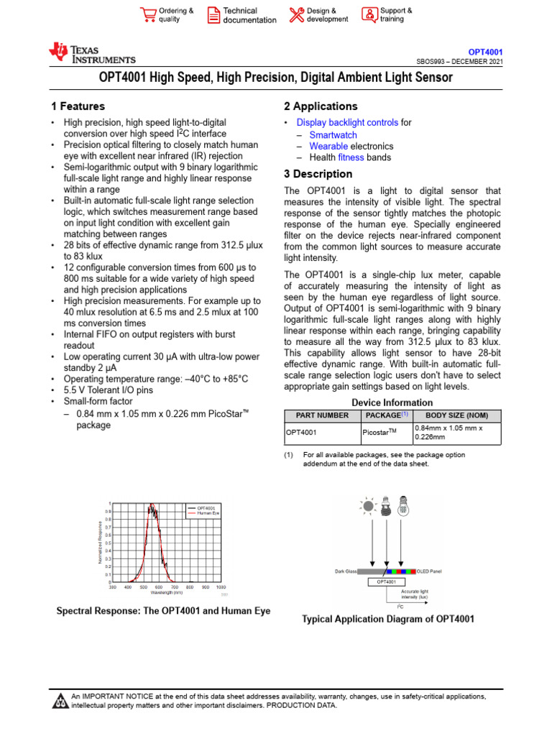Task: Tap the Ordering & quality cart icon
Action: click(148, 15)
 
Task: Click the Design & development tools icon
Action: click(296, 15)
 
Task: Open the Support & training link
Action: click(396, 15)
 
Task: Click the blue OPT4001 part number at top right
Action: click(485, 52)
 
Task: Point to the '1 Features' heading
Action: click(74, 106)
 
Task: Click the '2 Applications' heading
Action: click(321, 106)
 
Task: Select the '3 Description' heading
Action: click(318, 174)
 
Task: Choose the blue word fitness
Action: click(351, 157)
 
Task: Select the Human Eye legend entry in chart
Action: click(208, 513)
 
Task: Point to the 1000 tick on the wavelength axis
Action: click(221, 587)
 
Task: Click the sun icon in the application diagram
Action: click(368, 505)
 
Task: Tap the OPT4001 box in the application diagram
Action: click(387, 581)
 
